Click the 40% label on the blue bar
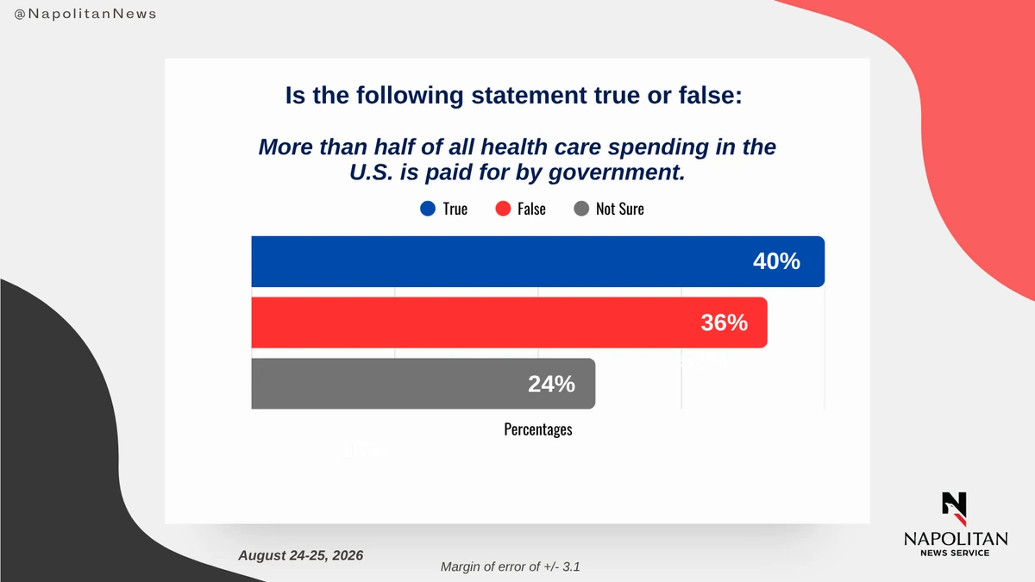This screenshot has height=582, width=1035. pos(776,261)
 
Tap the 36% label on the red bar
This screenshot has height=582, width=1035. pos(724,322)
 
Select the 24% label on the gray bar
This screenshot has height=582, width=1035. pos(551,384)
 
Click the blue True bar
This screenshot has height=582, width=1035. pos(538,261)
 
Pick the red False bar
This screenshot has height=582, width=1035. pos(509,322)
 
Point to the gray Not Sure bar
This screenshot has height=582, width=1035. pos(423,384)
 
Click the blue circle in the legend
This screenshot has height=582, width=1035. pos(428,209)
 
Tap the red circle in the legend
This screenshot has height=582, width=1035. pos(503,209)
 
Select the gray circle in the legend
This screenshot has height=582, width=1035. pos(581,209)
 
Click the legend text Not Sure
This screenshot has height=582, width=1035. pos(619,209)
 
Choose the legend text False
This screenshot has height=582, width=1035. pos(531,209)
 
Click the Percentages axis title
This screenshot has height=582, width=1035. pos(538,429)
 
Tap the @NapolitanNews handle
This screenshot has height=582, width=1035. pos(85,14)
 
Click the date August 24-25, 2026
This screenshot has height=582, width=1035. pos(301,555)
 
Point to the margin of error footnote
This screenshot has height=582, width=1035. pos(510,566)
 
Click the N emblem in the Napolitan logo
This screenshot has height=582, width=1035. pos(954,509)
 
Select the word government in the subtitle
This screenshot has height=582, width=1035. pos(617,172)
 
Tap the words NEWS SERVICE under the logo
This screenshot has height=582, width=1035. pos(955,553)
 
